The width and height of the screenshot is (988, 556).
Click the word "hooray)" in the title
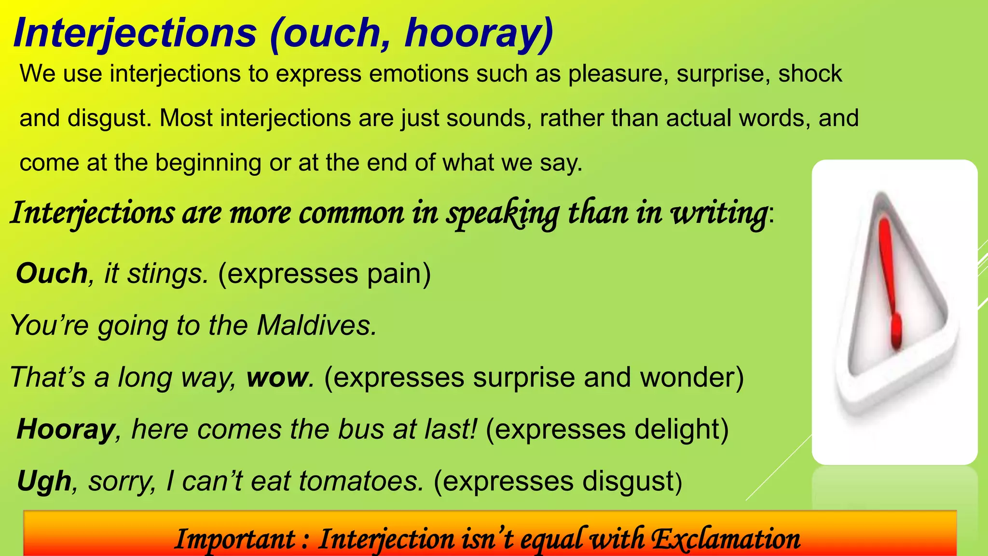[x=479, y=33]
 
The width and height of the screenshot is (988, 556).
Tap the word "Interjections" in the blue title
[x=135, y=33]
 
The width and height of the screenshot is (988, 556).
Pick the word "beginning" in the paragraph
[x=208, y=163]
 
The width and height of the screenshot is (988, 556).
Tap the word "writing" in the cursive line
[x=719, y=213]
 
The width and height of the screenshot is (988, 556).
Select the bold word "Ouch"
[x=52, y=274]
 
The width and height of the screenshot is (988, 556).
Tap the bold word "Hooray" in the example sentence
[x=66, y=429]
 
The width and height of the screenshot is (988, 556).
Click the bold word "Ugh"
[x=44, y=481]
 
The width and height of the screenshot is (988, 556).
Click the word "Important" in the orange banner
[x=235, y=539]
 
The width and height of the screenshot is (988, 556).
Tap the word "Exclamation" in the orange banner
[x=726, y=539]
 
